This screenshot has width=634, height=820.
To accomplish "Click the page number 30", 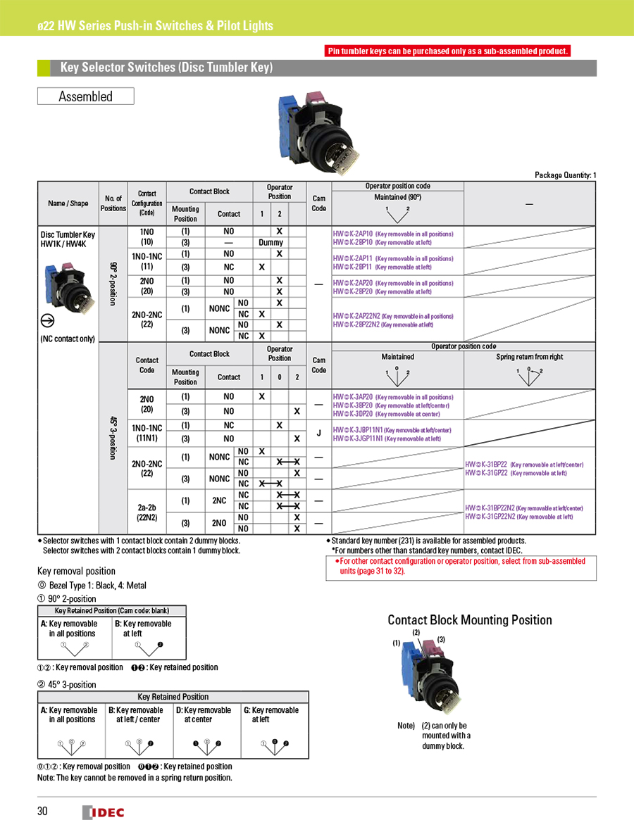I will click(42, 812).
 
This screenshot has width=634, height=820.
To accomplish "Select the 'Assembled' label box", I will click(85, 96).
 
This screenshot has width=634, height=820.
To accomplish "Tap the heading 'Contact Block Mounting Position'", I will click(470, 620).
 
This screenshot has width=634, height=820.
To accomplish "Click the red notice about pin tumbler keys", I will click(447, 51).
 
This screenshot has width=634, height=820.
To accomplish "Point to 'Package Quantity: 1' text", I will click(566, 175).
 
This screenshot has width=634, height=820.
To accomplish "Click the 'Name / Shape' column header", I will click(68, 203).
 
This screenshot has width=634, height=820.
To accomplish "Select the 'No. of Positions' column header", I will click(113, 203).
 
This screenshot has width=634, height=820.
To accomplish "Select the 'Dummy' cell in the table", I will click(271, 242).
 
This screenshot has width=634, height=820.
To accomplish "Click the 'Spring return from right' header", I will click(530, 357).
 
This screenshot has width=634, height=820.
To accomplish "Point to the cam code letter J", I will click(318, 433).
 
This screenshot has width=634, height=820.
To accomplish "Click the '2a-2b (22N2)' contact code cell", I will click(147, 512).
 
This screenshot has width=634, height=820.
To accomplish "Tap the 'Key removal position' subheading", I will click(75, 571).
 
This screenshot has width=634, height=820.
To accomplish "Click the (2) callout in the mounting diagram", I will click(416, 633).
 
